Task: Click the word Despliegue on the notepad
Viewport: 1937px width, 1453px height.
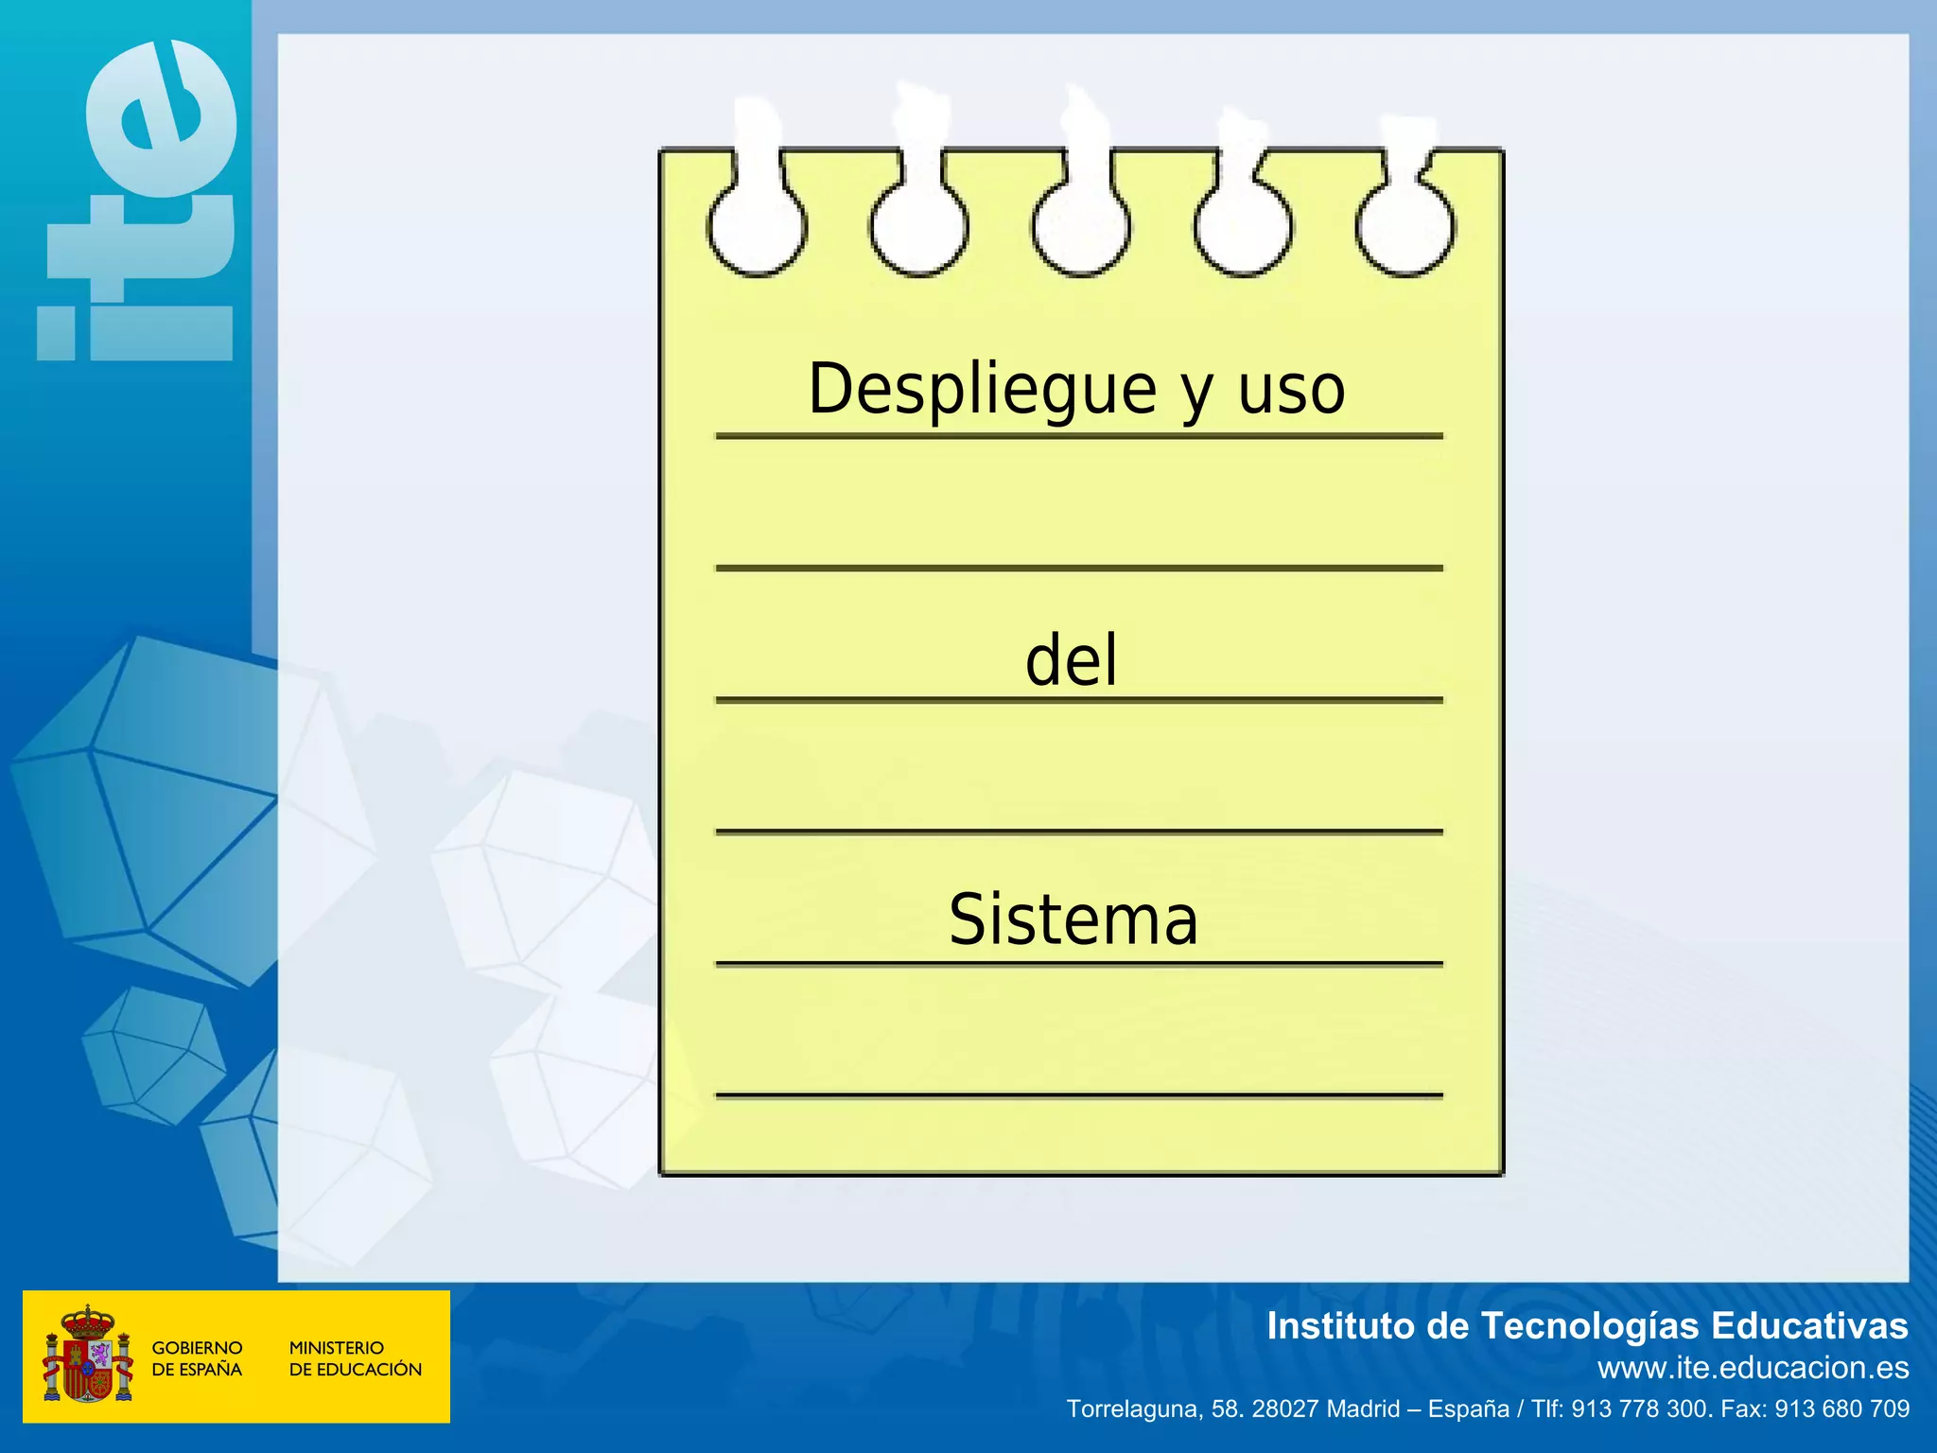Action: click(x=982, y=390)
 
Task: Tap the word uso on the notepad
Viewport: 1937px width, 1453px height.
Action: click(x=1291, y=390)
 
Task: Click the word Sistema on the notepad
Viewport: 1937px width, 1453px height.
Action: click(x=1073, y=919)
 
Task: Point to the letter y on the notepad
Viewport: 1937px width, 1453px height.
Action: click(x=1196, y=395)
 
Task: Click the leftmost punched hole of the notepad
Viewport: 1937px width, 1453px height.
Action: click(x=757, y=227)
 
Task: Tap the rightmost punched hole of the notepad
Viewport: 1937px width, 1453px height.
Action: click(x=1405, y=227)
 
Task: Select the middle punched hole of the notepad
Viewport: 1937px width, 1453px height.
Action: click(x=1081, y=227)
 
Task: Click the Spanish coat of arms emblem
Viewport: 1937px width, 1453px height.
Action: click(x=88, y=1356)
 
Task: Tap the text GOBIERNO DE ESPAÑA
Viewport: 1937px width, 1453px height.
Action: click(x=197, y=1358)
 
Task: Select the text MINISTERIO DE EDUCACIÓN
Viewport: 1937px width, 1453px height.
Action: click(x=355, y=1358)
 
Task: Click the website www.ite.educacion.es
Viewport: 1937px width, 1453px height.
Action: click(x=1753, y=1368)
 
